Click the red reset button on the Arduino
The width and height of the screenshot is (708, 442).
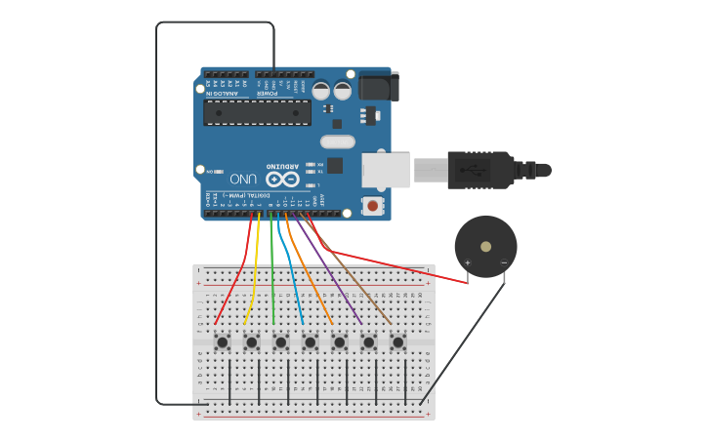372,205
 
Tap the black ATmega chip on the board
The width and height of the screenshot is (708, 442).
257,112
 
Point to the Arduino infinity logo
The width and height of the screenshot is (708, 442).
282,180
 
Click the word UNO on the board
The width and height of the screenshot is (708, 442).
244,180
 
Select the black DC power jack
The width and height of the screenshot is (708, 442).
378,86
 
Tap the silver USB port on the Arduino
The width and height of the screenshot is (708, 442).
386,170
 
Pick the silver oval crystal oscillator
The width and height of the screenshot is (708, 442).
337,141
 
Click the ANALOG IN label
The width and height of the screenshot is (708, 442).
222,94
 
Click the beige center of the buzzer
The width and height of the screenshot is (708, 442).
485,247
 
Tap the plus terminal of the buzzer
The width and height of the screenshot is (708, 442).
468,262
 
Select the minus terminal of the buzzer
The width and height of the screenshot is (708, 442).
504,262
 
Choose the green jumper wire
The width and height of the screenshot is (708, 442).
272,273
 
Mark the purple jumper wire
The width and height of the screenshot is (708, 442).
332,273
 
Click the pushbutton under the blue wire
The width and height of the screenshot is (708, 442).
311,342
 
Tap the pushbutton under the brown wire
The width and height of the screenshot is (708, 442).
398,342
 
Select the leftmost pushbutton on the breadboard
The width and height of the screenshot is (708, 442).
223,342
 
